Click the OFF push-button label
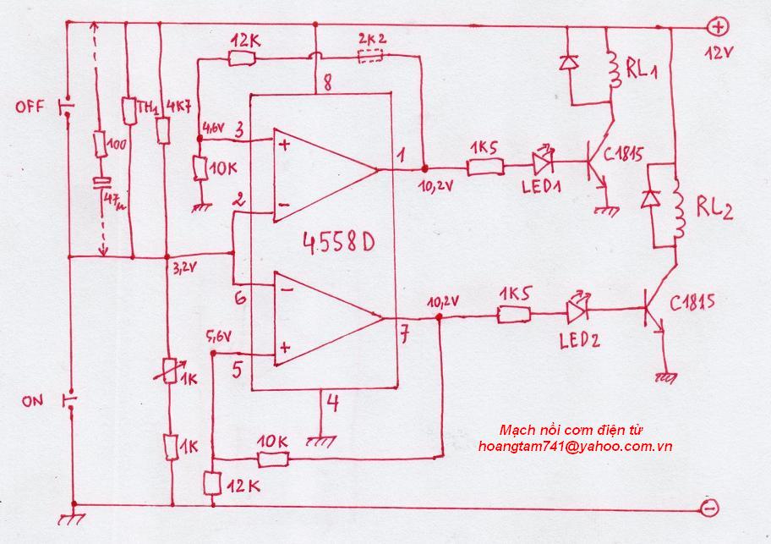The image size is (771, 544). click(30, 107)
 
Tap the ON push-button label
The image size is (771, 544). click(32, 401)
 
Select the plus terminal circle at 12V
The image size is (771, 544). click(717, 26)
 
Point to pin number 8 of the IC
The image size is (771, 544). click(324, 82)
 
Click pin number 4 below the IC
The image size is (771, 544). click(333, 404)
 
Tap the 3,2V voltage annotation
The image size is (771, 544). click(185, 268)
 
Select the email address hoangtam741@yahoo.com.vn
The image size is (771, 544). click(574, 446)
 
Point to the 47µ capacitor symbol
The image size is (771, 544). click(101, 182)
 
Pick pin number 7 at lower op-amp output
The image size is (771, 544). click(405, 335)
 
